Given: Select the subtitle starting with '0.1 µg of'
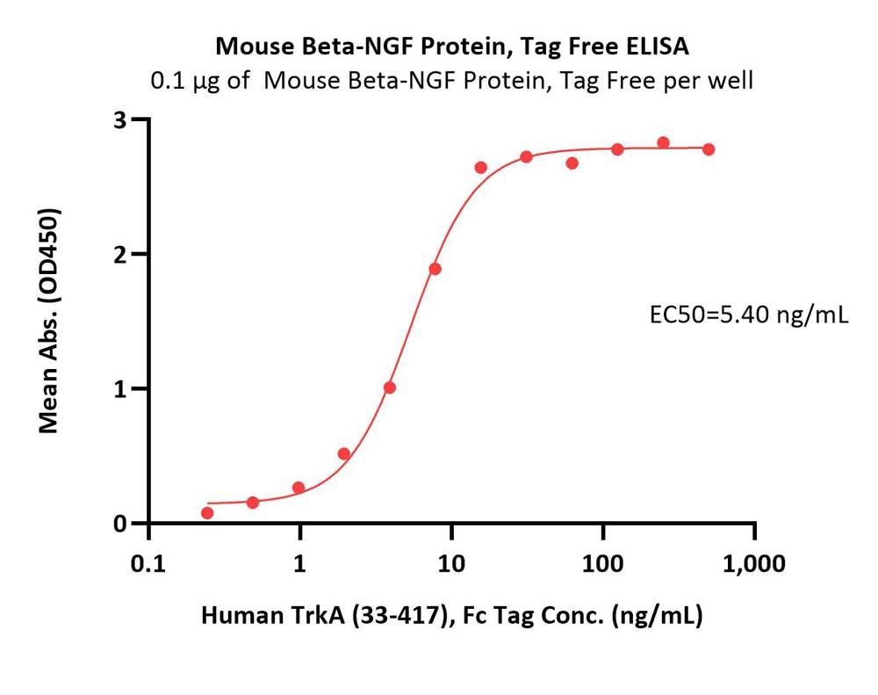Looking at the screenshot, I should (452, 81).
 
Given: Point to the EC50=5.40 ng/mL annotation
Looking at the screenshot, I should (749, 315).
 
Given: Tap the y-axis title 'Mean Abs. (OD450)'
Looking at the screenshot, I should (50, 321).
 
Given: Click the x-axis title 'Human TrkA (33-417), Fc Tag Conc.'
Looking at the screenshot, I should (452, 616).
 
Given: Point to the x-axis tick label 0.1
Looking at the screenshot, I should (148, 563).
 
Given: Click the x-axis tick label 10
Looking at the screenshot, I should (451, 563).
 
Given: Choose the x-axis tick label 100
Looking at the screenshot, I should (602, 563).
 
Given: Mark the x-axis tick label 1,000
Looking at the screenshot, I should (752, 563).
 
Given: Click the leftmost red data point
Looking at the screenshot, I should (207, 512).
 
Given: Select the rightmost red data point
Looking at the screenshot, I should (709, 149).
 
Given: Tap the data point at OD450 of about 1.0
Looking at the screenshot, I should (390, 387).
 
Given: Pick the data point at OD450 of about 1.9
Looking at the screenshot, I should (435, 269).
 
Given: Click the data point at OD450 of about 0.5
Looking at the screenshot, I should (344, 454).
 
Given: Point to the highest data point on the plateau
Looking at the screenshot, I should (663, 142).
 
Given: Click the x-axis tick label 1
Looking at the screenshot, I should (300, 563).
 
